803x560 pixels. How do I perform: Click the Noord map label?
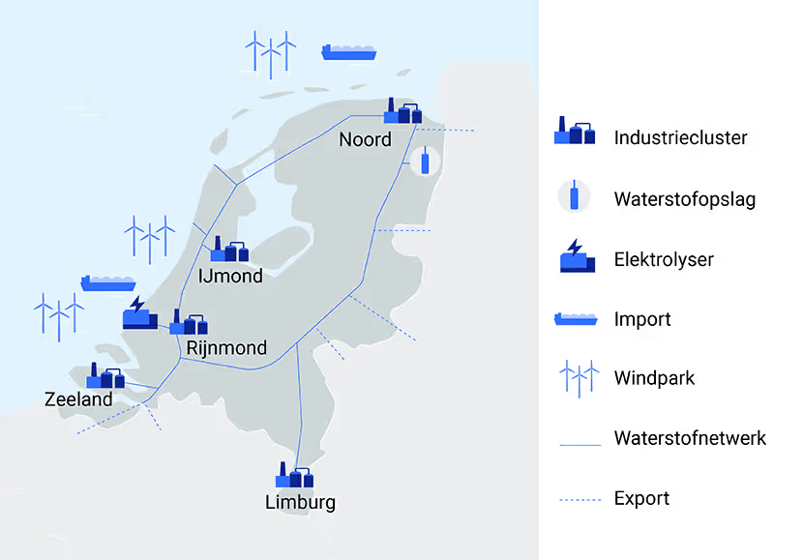pos(365,140)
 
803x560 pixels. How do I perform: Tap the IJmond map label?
pos(229,277)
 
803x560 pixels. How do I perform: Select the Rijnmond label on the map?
pos(226,347)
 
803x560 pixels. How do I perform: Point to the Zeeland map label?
pos(78,398)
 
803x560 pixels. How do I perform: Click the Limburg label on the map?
pos(300,502)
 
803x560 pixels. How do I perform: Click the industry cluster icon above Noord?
pos(402,111)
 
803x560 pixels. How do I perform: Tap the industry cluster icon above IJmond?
pos(229,250)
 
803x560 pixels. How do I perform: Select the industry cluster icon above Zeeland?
pos(105,376)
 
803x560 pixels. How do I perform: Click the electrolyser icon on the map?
pos(138,312)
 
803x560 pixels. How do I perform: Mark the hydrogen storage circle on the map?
pos(425,162)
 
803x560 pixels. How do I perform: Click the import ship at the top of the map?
pos(349,51)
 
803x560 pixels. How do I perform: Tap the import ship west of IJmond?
pos(107,282)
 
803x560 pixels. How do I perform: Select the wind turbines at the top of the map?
pos(270,53)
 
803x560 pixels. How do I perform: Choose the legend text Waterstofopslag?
pos(684,200)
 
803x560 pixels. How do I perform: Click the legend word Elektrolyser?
pos(664,259)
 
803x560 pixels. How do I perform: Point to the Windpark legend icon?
pos(577,377)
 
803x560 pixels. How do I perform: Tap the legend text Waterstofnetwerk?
pos(689,438)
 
